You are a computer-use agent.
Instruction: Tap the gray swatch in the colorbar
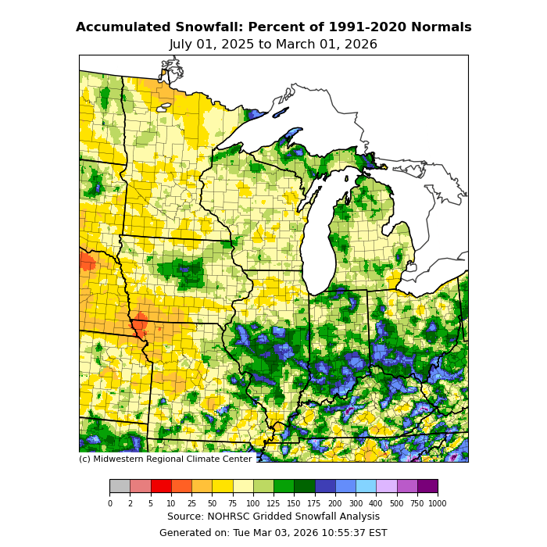coord(120,487)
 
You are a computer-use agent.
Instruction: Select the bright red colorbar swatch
coord(160,487)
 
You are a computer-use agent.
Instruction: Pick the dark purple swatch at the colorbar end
coord(427,487)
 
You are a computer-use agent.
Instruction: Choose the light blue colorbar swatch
coord(366,487)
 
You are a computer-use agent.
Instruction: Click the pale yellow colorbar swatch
coord(242,487)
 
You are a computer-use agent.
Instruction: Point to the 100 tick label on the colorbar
coord(253,504)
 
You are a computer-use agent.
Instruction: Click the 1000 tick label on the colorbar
coord(438,504)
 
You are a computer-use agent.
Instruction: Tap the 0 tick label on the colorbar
coord(109,504)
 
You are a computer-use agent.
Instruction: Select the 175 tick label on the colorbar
coord(315,504)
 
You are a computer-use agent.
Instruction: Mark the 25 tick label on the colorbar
coord(191,504)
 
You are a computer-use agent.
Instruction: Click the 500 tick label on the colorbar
coord(397,504)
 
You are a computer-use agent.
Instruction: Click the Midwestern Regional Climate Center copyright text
coord(165,459)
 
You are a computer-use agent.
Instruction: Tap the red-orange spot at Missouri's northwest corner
coord(140,324)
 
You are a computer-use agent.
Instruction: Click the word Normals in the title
coord(443,27)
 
